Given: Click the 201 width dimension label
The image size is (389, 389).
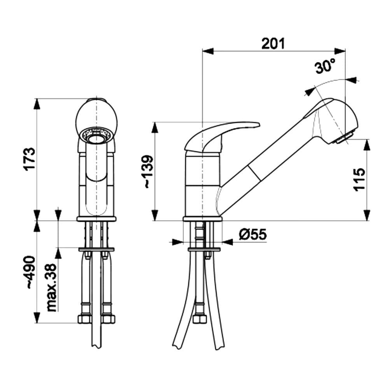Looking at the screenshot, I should tap(273, 44).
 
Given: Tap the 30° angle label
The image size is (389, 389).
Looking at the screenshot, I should tap(325, 67).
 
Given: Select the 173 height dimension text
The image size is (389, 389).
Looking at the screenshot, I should tap(31, 159).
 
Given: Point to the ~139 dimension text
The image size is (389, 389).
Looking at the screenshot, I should tap(149, 172).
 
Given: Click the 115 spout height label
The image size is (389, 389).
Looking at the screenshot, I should tap(359, 179).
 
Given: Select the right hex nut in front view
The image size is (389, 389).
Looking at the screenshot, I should tap(109, 319).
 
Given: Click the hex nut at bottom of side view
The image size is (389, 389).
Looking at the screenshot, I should tap(200, 319).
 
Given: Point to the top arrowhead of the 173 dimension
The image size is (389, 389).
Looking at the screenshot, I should tap(37, 103).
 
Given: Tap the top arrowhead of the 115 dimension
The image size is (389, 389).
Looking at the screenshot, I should tap(367, 145).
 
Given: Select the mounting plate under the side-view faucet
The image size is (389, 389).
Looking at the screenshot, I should tap(204, 249).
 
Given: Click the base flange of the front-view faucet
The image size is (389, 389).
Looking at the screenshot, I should tap(96, 219).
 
